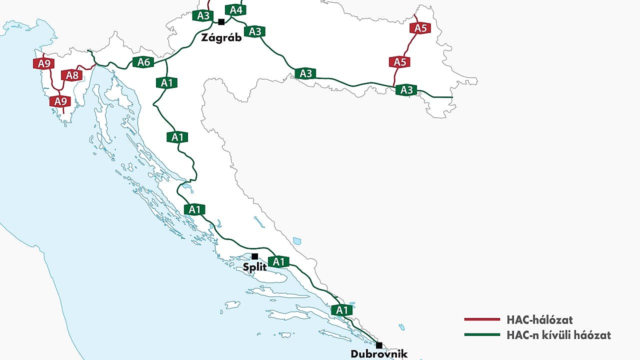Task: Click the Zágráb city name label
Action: tap(221, 38)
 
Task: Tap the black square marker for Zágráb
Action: tap(221, 21)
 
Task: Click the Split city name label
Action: tap(254, 267)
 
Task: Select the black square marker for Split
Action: tap(254, 256)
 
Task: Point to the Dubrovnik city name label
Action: tap(379, 354)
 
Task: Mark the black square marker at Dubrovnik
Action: tap(379, 345)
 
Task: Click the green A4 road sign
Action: tap(235, 10)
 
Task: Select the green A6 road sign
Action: tap(143, 62)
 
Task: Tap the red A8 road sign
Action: tap(72, 75)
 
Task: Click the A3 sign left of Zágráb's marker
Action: tap(203, 15)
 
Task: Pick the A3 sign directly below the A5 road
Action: tap(406, 90)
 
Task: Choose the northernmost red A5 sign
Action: tap(420, 28)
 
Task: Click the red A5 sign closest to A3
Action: tap(399, 62)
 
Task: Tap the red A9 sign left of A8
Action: tap(44, 63)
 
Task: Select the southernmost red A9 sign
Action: tap(60, 101)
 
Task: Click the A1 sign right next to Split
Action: tap(278, 261)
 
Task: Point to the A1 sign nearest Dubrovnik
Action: tap(341, 310)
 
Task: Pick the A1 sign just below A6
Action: tap(166, 83)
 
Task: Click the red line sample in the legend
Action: tap(482, 319)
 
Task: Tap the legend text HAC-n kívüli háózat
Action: tap(558, 335)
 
